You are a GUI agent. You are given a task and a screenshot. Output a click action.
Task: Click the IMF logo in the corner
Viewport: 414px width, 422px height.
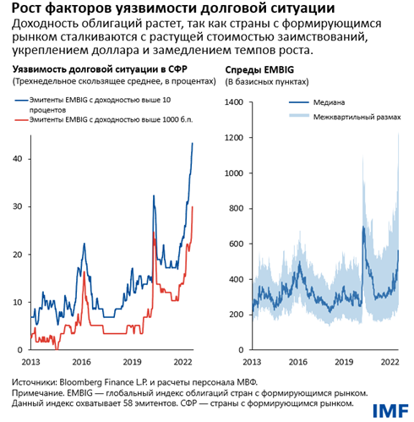386,406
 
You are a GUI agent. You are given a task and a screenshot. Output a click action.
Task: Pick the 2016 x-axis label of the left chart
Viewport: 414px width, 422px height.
80,360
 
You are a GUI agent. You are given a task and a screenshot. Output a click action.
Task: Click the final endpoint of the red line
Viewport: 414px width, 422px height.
193,206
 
